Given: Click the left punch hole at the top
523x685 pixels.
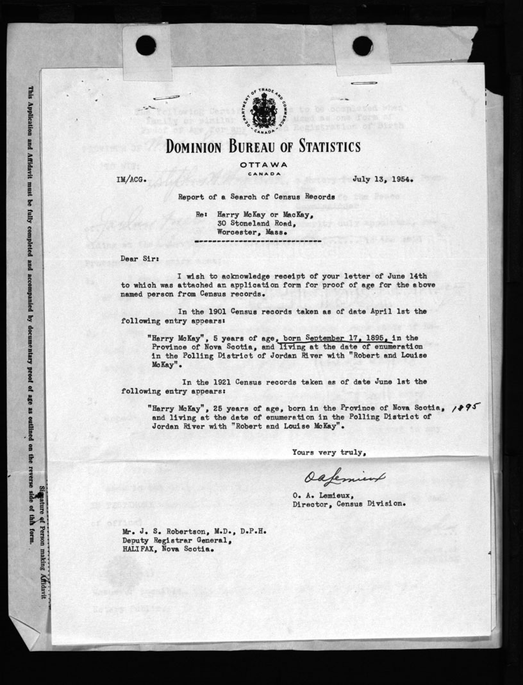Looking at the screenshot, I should tap(146, 45).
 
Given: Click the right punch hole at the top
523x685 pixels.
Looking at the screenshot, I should tap(362, 46).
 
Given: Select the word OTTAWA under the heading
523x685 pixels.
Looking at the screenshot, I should tap(264, 165).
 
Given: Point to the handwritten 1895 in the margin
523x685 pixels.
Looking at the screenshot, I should tap(466, 407).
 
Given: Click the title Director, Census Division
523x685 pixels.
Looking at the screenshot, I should tap(348, 503).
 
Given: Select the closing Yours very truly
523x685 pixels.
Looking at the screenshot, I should tap(329, 452).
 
